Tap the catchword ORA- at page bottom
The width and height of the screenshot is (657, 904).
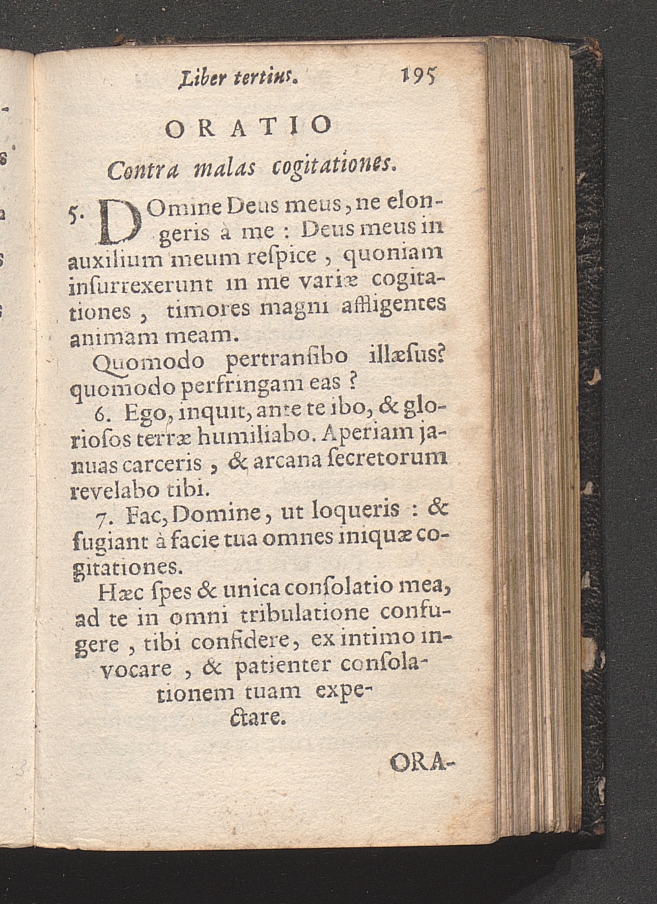pos(423,763)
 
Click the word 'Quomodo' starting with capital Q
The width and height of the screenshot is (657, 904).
pos(148,362)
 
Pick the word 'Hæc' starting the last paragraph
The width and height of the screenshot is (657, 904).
pos(115,591)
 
